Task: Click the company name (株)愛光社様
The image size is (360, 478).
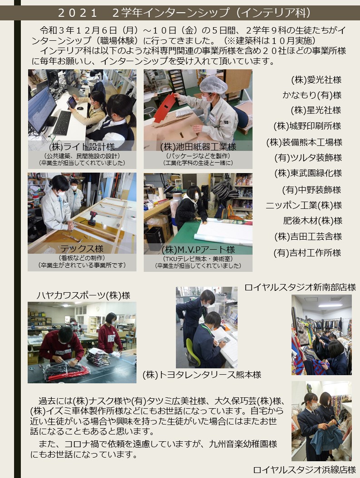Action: [x=316, y=80]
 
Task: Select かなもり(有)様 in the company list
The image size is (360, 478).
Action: [x=312, y=95]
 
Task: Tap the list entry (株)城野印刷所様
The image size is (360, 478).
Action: [x=307, y=126]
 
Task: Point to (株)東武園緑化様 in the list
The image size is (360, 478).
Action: [x=308, y=173]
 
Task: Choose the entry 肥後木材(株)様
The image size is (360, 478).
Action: [x=313, y=220]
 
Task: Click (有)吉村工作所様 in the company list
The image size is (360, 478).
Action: [x=307, y=253]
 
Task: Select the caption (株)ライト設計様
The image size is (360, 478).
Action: [x=82, y=147]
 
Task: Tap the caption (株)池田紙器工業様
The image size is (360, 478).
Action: [x=198, y=147]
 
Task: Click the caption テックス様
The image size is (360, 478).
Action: [x=82, y=249]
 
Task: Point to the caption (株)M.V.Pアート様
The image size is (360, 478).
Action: [x=198, y=250]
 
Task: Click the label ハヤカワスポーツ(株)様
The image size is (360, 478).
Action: [x=83, y=295]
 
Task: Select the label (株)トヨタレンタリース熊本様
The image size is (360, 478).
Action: [x=202, y=375]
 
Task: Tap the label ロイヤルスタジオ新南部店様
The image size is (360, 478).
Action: [x=300, y=287]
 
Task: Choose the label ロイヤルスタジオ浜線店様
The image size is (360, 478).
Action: [x=305, y=470]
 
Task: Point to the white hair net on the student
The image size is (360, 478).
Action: [x=213, y=84]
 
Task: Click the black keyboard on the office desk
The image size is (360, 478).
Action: [x=62, y=122]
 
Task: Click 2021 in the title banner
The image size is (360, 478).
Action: [x=77, y=13]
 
